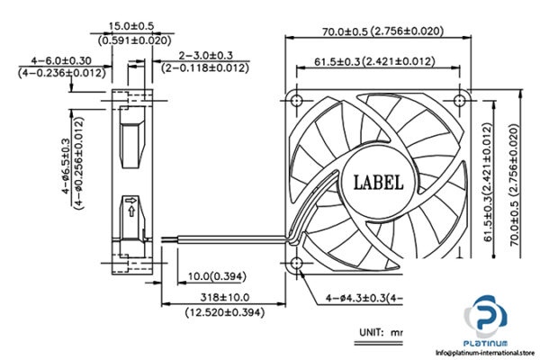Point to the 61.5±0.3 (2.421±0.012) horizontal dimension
point(375,61)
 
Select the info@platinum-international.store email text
point(481,353)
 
